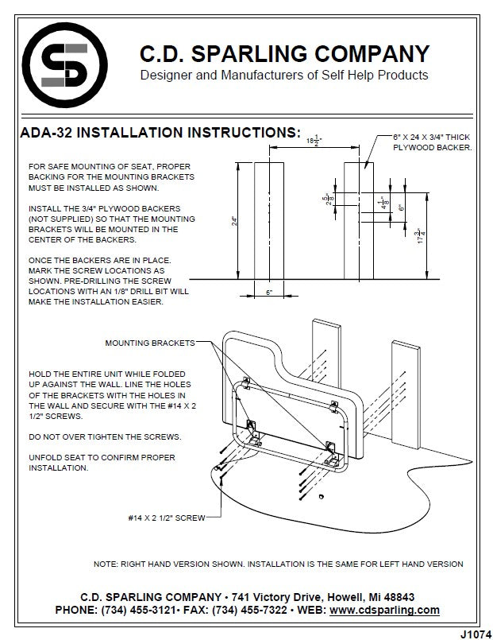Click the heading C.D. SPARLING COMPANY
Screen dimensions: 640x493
click(x=284, y=54)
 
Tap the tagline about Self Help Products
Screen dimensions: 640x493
click(x=284, y=76)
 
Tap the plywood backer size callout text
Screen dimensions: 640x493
click(x=433, y=142)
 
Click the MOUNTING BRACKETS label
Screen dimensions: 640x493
click(x=149, y=343)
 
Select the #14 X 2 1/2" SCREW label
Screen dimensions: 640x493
click(x=166, y=518)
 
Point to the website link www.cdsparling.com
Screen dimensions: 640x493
click(x=384, y=610)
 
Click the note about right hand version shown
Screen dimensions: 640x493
click(x=278, y=564)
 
